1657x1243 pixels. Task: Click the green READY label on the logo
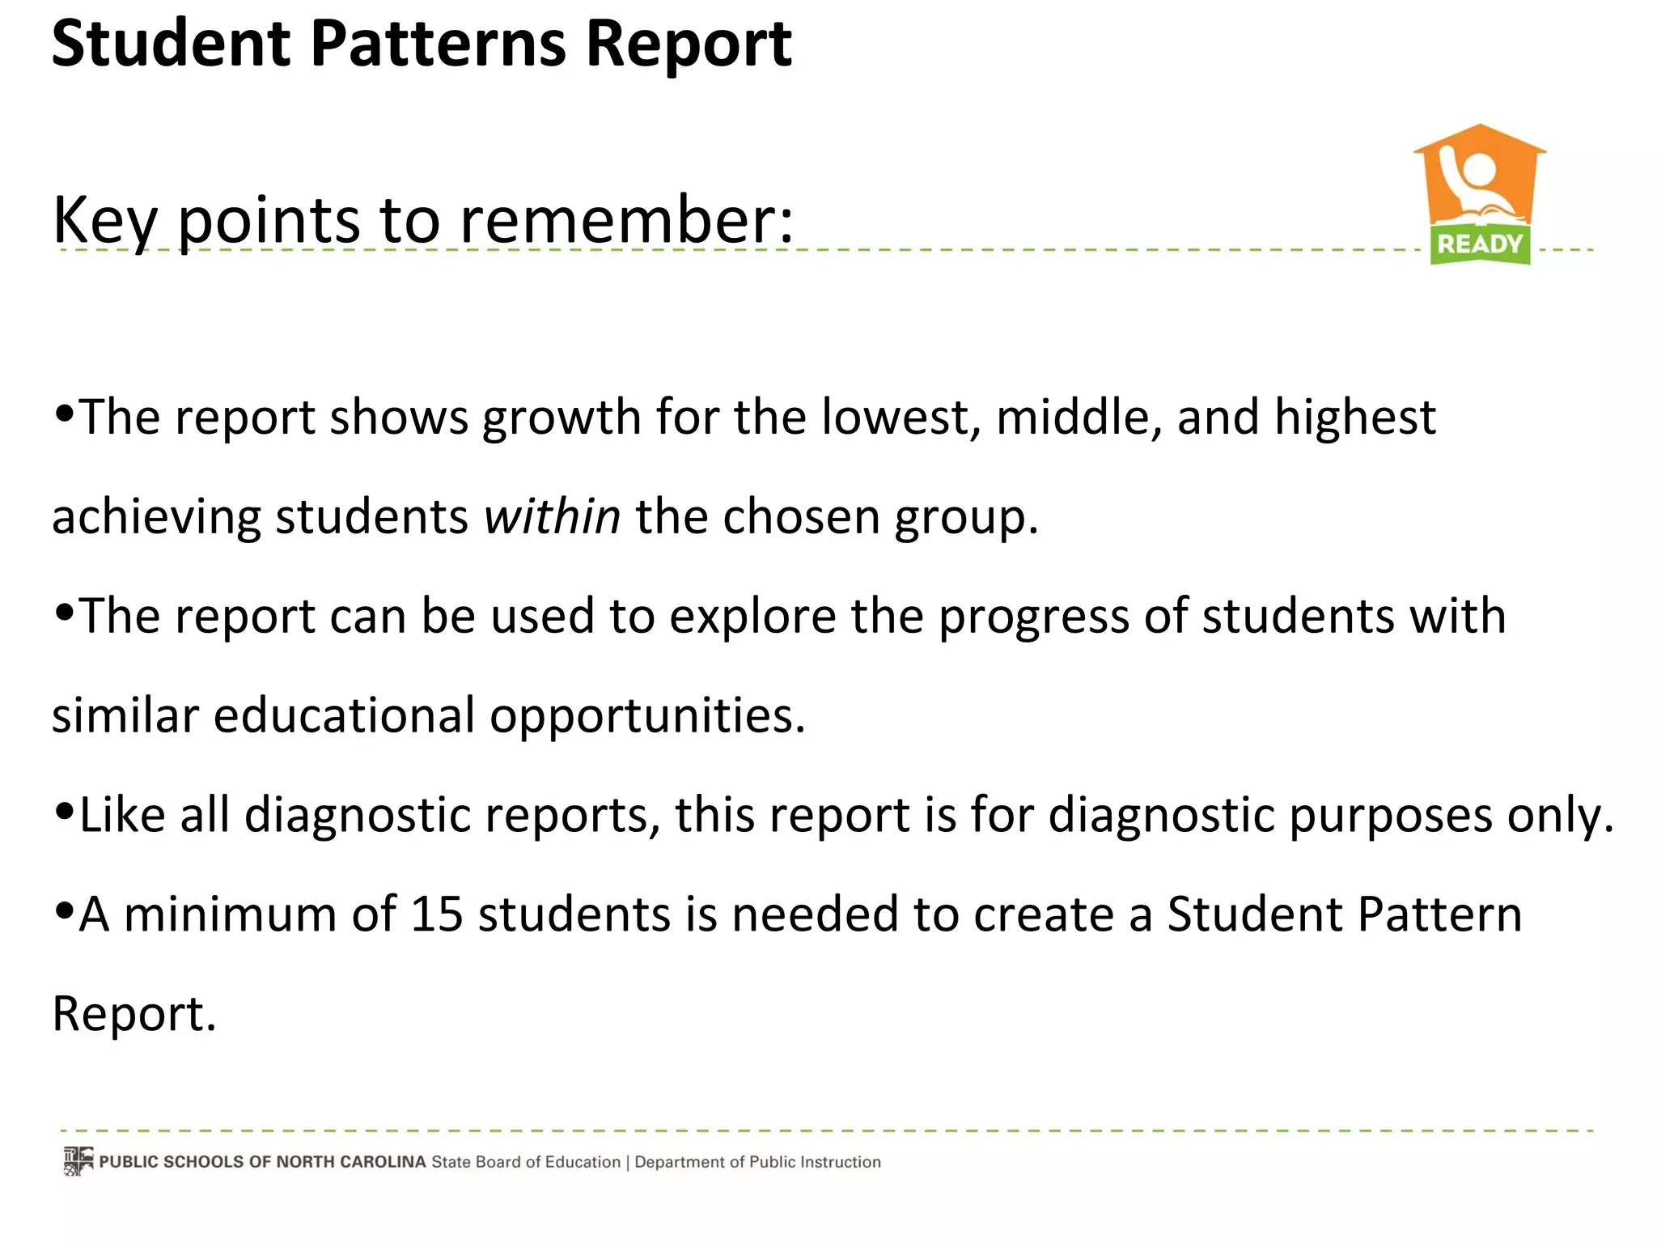click(1480, 244)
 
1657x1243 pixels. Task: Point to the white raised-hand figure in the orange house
click(1475, 182)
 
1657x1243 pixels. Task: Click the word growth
click(562, 418)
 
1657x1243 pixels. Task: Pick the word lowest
click(896, 418)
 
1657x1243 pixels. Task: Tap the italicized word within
click(552, 517)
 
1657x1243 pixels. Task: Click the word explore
click(752, 617)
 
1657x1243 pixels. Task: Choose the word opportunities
click(647, 717)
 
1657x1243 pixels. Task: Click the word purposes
click(1390, 816)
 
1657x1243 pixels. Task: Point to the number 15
click(437, 914)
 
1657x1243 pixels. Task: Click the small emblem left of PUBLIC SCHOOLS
click(78, 1161)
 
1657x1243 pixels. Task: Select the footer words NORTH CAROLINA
click(350, 1162)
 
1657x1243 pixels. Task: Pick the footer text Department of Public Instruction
click(757, 1162)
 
